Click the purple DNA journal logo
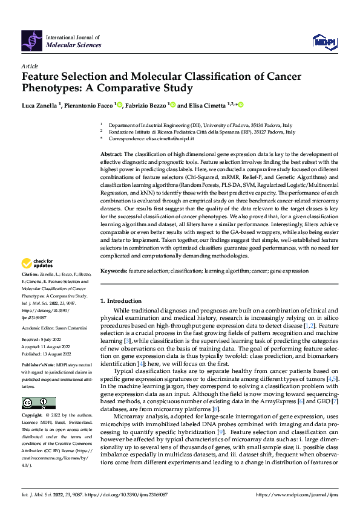pyautogui.click(x=32, y=40)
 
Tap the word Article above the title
pyautogui.click(x=29, y=65)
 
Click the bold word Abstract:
pyautogui.click(x=111, y=155)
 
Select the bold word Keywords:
pyautogui.click(x=114, y=271)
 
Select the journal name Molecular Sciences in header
pyautogui.click(x=73, y=44)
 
